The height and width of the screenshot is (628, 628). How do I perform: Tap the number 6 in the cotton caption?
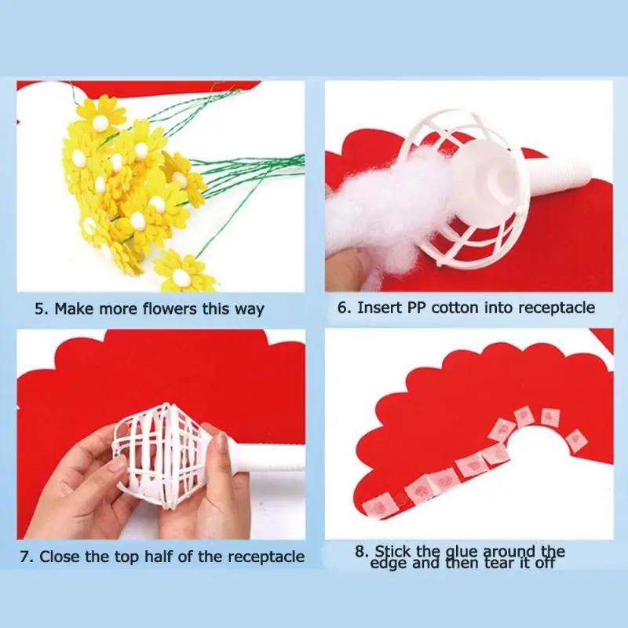click(x=342, y=308)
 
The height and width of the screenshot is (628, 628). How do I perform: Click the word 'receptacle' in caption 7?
click(x=266, y=557)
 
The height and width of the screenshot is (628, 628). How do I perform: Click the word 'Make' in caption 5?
click(x=74, y=309)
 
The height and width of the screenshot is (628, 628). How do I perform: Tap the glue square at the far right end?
click(x=576, y=440)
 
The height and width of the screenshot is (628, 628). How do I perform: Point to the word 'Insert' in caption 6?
click(x=379, y=308)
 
